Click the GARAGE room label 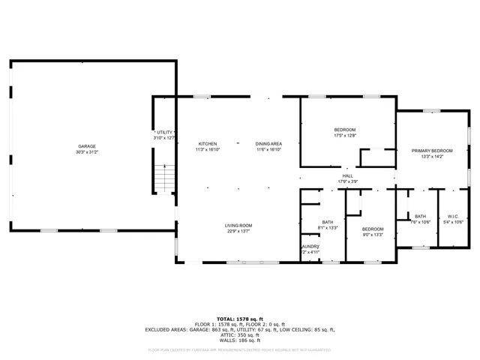[x=87, y=146]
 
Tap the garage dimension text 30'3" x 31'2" [x=87, y=152]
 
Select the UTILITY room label [x=164, y=132]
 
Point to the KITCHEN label [x=208, y=143]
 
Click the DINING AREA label [x=268, y=143]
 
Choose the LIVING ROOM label [x=238, y=226]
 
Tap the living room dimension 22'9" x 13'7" [x=238, y=232]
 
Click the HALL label [x=348, y=175]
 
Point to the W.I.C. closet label [x=454, y=216]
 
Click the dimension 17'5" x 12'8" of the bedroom [x=345, y=136]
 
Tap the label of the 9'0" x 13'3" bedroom [x=373, y=229]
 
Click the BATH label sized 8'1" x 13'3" [x=328, y=222]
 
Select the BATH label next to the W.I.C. [x=420, y=216]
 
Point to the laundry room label [x=310, y=246]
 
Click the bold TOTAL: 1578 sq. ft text [x=238, y=318]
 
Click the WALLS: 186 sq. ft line [x=238, y=340]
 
